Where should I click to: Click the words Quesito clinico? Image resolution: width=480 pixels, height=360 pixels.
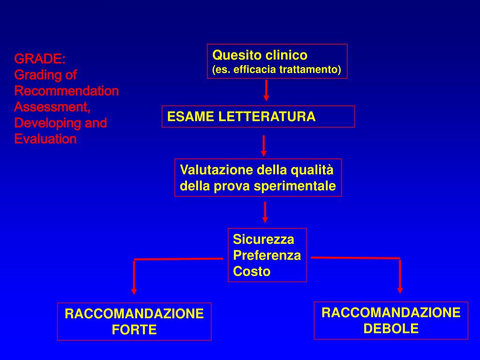pos(260,55)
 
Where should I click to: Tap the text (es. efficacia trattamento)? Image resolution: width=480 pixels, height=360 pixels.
pos(277,70)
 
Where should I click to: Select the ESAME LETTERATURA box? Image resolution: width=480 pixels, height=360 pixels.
pos(258,117)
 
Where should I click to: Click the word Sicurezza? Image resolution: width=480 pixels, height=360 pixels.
pos(263,240)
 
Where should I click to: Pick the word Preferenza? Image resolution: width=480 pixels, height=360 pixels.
pos(267,255)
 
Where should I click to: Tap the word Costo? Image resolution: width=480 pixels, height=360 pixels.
pos(252,271)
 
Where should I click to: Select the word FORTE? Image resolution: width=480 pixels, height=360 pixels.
pos(134,330)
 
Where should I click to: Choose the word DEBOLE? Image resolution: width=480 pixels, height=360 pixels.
pos(391,329)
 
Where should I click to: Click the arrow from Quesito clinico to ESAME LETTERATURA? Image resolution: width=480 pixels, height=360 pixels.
pos(266,90)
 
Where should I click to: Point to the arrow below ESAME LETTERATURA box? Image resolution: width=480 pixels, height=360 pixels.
pos(264,145)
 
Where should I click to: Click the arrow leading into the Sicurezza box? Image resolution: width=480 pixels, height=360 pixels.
pos(265,212)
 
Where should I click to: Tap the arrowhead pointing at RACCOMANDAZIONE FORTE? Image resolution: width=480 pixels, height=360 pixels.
pos(134,291)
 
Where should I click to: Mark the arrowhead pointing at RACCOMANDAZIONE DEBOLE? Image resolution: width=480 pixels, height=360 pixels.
pos(400,289)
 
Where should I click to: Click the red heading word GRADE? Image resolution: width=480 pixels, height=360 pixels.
pos(40,59)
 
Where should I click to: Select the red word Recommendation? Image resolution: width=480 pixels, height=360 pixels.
pos(67,91)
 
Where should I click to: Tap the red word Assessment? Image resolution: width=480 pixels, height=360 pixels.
pos(52,107)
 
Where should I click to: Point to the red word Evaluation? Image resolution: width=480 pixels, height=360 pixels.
pos(45,139)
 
